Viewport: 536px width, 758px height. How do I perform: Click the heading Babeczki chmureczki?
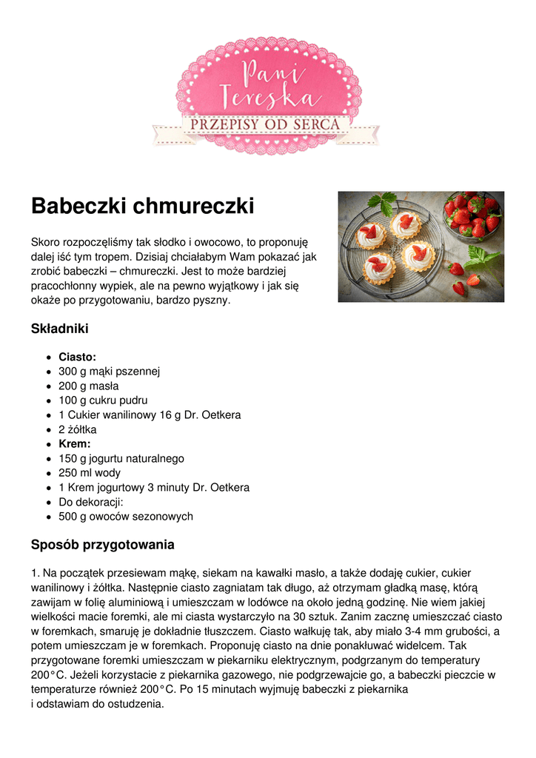(x=142, y=206)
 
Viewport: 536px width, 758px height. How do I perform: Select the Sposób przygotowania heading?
(x=102, y=545)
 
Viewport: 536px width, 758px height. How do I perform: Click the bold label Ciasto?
(x=77, y=357)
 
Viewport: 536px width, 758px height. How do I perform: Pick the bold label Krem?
(x=75, y=444)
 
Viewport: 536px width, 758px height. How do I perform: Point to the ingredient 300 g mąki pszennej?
(x=110, y=372)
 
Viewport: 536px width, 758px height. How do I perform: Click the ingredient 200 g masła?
(x=89, y=386)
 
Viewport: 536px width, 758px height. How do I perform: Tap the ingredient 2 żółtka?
(x=78, y=429)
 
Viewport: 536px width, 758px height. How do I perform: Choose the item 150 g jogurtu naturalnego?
(x=121, y=458)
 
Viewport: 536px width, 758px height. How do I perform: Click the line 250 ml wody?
(x=90, y=473)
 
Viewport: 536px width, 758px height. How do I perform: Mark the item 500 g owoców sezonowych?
(x=126, y=517)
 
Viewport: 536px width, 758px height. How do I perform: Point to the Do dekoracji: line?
(x=90, y=502)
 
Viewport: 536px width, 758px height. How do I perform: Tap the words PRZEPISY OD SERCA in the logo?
(x=266, y=124)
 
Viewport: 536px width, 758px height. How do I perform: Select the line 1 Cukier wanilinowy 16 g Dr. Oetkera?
(x=150, y=415)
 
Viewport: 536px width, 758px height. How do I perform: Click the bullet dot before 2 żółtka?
(x=49, y=430)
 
